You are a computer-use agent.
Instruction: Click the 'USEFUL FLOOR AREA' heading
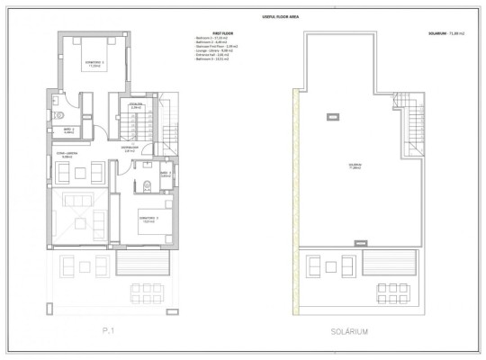pos(242,16)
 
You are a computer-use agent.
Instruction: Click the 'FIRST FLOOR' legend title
pos(211,31)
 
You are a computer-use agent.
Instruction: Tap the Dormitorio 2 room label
pos(94,65)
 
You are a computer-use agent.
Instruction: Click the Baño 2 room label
pos(67,130)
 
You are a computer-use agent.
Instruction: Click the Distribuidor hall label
pos(130,148)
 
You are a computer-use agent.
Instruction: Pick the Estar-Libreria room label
pos(67,157)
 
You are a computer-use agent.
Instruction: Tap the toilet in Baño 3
pos(146,186)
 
